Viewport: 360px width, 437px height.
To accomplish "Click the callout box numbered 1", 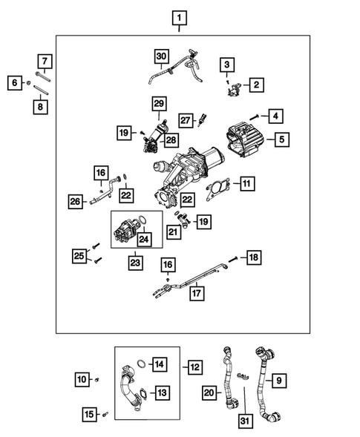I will (x=179, y=16).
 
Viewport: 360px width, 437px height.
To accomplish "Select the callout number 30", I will (x=161, y=56).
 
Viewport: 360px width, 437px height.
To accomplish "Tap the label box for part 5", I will (x=281, y=137).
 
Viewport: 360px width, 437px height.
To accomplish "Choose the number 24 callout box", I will (x=142, y=239).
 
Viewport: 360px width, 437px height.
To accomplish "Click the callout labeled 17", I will (x=195, y=292).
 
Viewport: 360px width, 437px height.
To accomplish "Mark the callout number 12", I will (x=194, y=367).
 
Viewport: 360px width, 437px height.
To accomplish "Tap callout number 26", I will (x=76, y=200).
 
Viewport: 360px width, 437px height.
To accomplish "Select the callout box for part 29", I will (x=158, y=102).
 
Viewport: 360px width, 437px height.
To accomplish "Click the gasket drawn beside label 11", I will (x=215, y=187).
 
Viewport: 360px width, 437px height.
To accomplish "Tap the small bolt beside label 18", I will (x=233, y=258).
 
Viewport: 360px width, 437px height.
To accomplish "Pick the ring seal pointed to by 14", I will (x=139, y=364).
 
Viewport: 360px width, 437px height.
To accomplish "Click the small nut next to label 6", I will (x=28, y=83).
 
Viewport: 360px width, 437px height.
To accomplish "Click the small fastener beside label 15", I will (x=105, y=414).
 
